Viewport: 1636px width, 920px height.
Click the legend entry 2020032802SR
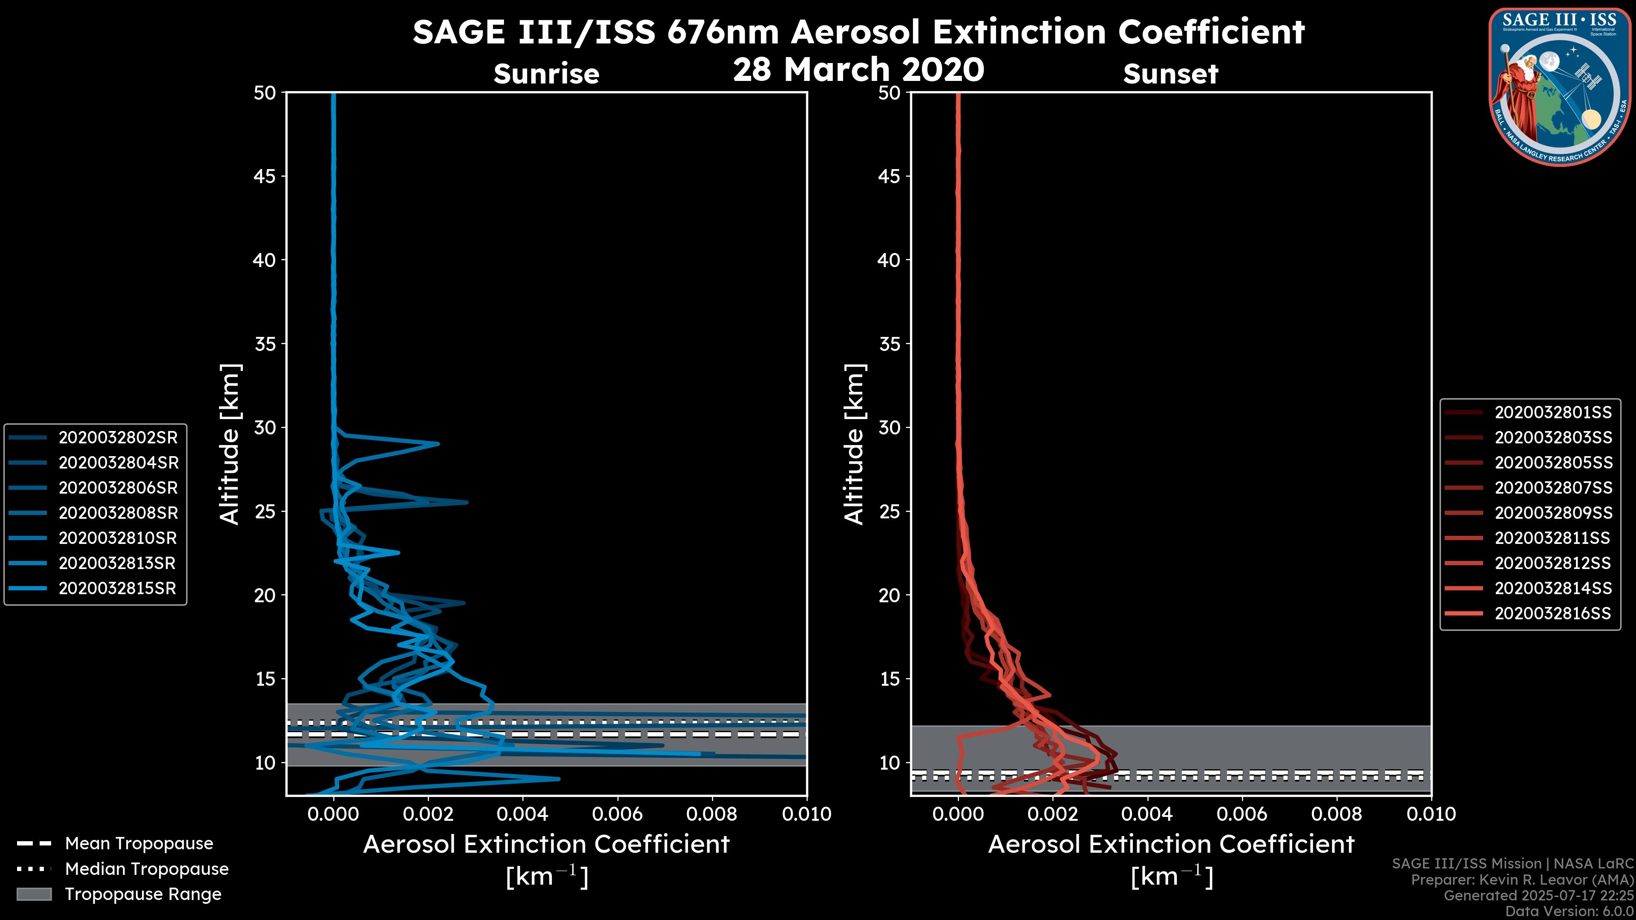[x=118, y=437]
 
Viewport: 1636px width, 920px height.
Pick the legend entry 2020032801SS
[x=1553, y=412]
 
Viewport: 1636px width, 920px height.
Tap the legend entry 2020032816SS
[x=1553, y=613]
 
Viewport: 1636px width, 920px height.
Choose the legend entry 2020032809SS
[x=1553, y=512]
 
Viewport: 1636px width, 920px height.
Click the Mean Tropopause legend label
[x=138, y=843]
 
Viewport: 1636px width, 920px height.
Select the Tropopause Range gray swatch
[x=34, y=894]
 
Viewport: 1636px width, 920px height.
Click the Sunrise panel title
[x=546, y=74]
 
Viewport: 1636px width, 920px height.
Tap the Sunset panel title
[x=1170, y=74]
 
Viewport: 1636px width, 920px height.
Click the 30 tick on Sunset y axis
[x=889, y=427]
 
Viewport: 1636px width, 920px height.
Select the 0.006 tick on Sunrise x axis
[x=617, y=814]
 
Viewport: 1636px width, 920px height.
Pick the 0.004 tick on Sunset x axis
[x=1147, y=814]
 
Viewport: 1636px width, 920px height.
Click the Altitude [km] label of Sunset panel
[x=854, y=444]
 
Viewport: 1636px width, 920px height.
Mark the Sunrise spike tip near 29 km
[x=438, y=443]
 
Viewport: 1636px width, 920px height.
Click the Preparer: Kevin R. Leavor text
[x=1522, y=880]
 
